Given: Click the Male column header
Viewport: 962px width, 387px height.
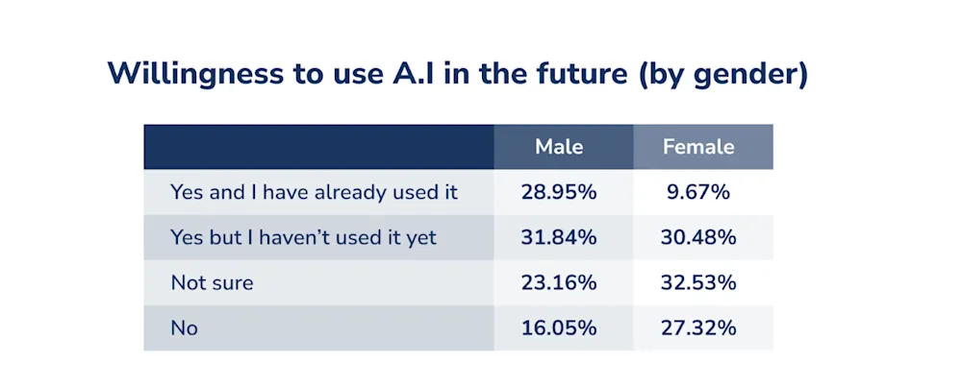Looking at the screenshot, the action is point(559,147).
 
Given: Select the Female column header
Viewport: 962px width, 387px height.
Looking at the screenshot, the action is point(698,147).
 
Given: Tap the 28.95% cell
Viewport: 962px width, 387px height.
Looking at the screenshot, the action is point(559,192).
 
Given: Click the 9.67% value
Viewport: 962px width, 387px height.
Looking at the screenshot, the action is point(698,192).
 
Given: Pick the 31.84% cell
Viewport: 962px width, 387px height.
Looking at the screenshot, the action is point(559,237).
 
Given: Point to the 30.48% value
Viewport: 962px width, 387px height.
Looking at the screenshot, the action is point(698,237).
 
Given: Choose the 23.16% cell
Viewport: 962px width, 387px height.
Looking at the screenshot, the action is point(559,283).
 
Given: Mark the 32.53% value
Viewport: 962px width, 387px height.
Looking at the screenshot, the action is point(698,283).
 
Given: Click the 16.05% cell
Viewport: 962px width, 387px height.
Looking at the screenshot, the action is point(559,328).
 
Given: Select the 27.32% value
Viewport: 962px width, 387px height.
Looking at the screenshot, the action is point(698,328).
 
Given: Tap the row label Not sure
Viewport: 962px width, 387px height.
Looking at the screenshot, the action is point(212,283).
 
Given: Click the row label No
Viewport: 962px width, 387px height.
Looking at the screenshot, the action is point(184,328).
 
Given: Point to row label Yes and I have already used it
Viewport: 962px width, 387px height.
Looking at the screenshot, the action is point(315,193).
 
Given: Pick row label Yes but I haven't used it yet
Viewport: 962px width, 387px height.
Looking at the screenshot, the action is point(304,237).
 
